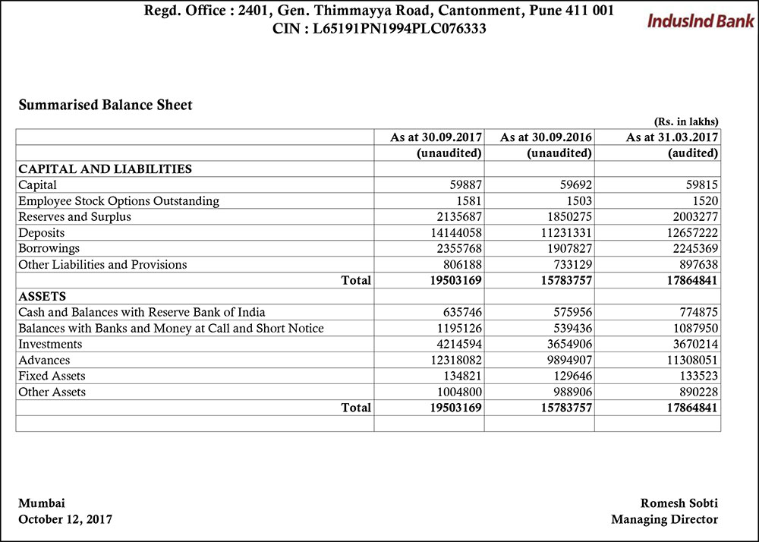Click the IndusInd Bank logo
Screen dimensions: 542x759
pyautogui.click(x=700, y=20)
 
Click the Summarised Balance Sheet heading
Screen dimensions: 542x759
pyautogui.click(x=106, y=106)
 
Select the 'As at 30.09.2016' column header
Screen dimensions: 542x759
pyautogui.click(x=546, y=137)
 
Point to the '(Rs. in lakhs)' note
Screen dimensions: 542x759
pyautogui.click(x=685, y=121)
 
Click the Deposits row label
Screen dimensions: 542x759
pyautogui.click(x=42, y=233)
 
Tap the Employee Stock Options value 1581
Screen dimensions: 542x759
pyautogui.click(x=468, y=201)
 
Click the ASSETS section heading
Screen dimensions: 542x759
pyautogui.click(x=42, y=296)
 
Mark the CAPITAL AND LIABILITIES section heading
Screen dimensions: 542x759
pyautogui.click(x=105, y=169)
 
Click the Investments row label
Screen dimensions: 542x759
pyautogui.click(x=50, y=345)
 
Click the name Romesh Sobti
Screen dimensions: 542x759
pyautogui.click(x=679, y=503)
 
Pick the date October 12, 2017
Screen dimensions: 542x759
pyautogui.click(x=65, y=519)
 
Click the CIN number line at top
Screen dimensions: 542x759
pyautogui.click(x=379, y=30)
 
